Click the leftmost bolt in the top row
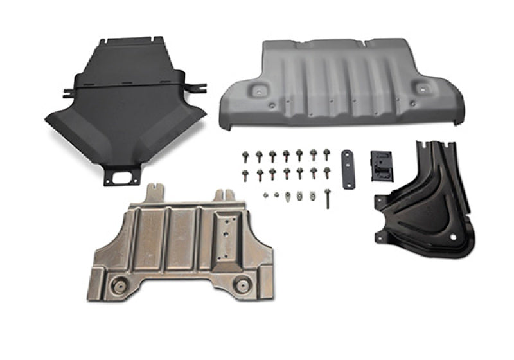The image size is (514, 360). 245,156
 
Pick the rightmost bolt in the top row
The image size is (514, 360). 328,155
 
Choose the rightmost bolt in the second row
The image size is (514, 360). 328,173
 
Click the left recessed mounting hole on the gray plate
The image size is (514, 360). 261,90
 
